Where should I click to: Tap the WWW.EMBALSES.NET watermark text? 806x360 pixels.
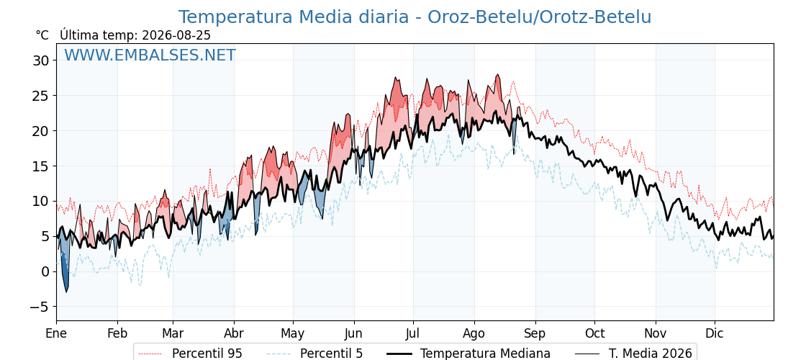(150, 55)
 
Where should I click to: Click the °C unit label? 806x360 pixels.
(42, 35)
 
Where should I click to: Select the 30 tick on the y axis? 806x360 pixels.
(40, 60)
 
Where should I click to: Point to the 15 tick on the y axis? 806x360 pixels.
(40, 166)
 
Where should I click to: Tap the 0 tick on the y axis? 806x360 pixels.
(45, 271)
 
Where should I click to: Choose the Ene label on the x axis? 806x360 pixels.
(56, 334)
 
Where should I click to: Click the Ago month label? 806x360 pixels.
(474, 334)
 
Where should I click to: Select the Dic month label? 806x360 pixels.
(715, 334)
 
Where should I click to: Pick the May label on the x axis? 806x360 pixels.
(293, 334)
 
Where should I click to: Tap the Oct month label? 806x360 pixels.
(594, 334)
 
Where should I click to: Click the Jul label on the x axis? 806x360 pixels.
(413, 334)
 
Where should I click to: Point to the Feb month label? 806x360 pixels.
(117, 334)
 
